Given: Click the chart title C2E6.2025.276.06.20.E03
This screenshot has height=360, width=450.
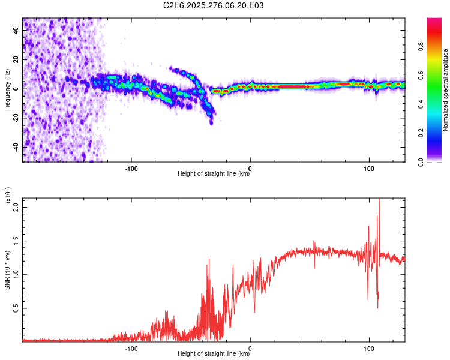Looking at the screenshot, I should click(x=214, y=5).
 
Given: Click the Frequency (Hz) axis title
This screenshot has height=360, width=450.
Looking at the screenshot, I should click(x=7, y=89).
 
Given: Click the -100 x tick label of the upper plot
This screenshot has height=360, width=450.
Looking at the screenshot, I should click(x=131, y=167).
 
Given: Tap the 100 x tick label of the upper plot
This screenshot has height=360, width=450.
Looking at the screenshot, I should click(x=369, y=167).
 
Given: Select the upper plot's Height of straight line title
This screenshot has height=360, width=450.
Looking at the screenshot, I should click(x=214, y=174).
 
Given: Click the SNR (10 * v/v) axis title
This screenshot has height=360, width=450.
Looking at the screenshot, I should click(x=7, y=269).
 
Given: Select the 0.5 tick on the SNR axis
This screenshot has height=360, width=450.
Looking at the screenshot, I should click(x=16, y=308).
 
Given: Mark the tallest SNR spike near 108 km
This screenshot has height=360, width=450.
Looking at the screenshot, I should click(x=379, y=200).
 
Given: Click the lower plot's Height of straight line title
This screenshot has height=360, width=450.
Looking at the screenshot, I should click(x=214, y=354).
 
